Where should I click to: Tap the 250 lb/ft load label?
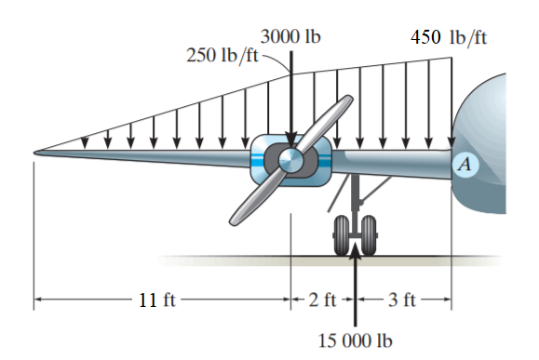222,54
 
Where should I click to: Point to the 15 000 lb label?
355,341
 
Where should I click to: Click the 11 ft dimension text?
157,300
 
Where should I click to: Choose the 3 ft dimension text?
401,300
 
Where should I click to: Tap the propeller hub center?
290,160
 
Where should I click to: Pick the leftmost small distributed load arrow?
85,141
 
